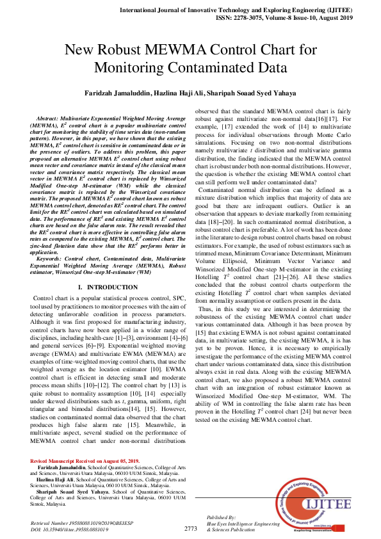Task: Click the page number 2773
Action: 190,529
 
